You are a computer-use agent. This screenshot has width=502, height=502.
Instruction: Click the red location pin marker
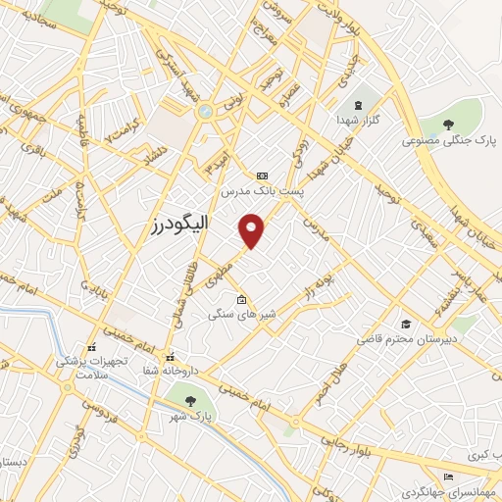click(253, 229)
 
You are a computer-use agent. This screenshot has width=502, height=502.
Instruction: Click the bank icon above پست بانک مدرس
click(261, 176)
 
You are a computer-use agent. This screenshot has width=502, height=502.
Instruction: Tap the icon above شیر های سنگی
click(241, 300)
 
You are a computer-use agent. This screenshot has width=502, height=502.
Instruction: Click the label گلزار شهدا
click(359, 118)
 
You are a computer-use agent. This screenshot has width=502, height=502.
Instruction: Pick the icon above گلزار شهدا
click(357, 104)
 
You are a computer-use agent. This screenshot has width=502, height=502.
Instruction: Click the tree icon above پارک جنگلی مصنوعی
click(449, 124)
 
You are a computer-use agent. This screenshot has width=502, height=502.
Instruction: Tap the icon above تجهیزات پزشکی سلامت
click(91, 347)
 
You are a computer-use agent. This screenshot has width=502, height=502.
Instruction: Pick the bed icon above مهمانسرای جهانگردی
click(448, 477)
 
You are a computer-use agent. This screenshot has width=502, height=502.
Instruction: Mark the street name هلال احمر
click(330, 379)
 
